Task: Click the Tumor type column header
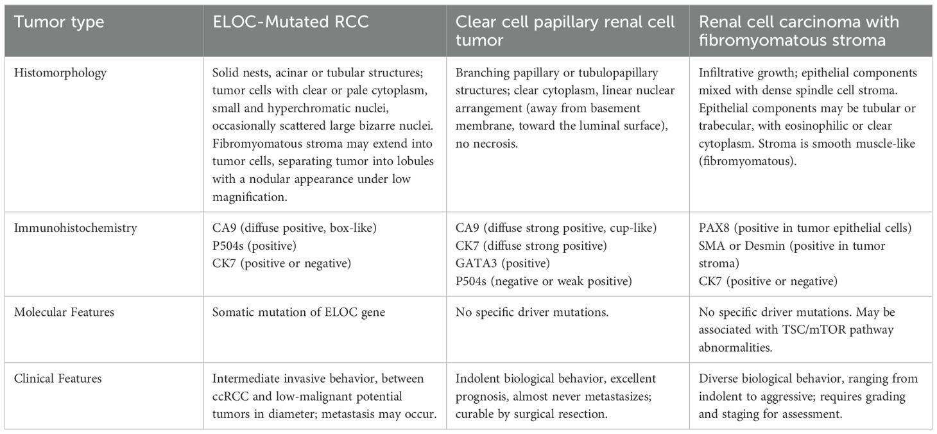[60, 22]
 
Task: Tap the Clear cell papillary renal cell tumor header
[565, 31]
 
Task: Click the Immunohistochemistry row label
[76, 228]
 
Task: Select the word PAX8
[712, 228]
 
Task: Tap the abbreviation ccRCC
[232, 396]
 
